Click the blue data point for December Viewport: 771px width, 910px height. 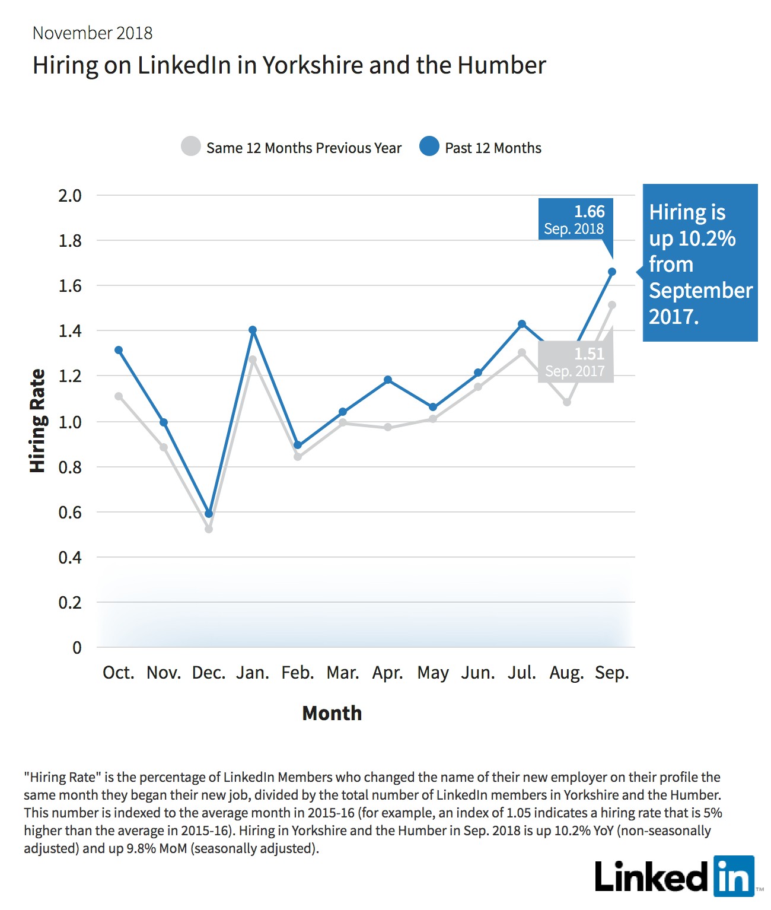pyautogui.click(x=209, y=514)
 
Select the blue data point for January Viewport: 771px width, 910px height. pyautogui.click(x=253, y=330)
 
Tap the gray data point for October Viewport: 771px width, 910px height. pyautogui.click(x=119, y=396)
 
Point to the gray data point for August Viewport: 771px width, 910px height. pyautogui.click(x=567, y=402)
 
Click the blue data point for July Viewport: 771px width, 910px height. pyautogui.click(x=522, y=324)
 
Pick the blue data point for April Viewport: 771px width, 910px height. pyautogui.click(x=388, y=380)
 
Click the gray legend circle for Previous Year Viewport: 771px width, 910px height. pyautogui.click(x=191, y=146)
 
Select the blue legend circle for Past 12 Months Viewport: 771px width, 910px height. pyautogui.click(x=429, y=146)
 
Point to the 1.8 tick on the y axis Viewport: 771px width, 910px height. pyautogui.click(x=70, y=241)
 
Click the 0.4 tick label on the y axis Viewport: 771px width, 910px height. pyautogui.click(x=70, y=558)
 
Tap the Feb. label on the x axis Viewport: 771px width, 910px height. pyautogui.click(x=298, y=673)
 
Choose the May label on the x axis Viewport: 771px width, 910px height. pyautogui.click(x=433, y=673)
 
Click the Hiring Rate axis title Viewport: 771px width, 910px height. pyautogui.click(x=38, y=421)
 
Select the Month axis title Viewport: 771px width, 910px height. pyautogui.click(x=332, y=713)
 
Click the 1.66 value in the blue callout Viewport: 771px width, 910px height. pyautogui.click(x=590, y=212)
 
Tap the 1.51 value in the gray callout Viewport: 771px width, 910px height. pyautogui.click(x=590, y=354)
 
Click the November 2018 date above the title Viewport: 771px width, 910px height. pyautogui.click(x=93, y=33)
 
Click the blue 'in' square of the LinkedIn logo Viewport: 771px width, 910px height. pyautogui.click(x=734, y=876)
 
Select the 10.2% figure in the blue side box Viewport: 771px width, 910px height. pyautogui.click(x=707, y=238)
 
